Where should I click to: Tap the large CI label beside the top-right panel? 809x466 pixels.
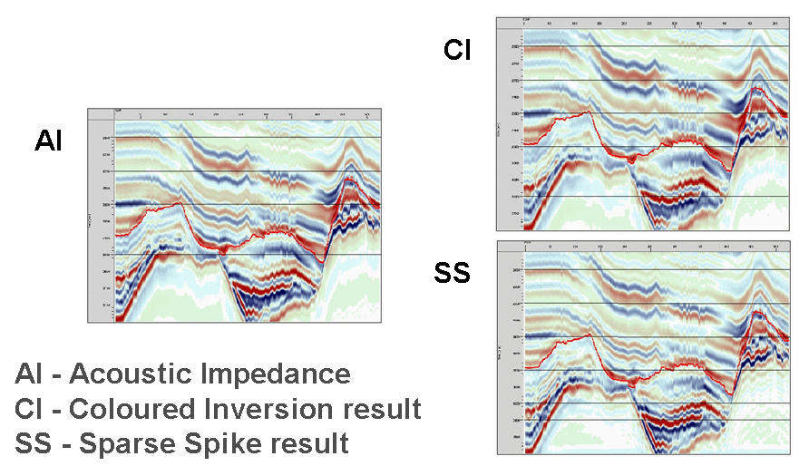[457, 50]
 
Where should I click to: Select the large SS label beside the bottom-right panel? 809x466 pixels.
[453, 271]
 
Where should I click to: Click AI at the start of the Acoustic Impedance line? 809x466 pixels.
[30, 374]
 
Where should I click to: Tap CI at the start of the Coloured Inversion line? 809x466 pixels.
[30, 409]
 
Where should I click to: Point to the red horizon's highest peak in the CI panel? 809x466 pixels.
[758, 87]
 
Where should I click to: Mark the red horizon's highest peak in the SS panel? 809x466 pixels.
[758, 312]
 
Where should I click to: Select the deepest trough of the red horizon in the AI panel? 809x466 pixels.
[321, 263]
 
